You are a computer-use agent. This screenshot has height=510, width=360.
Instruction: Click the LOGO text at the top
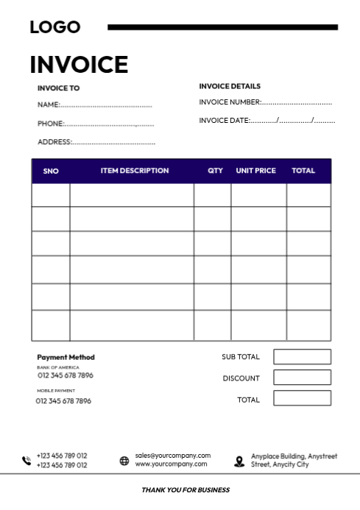coord(55,27)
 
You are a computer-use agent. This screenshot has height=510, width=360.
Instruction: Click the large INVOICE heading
coord(79,65)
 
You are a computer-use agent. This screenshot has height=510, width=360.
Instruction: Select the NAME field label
coord(48,105)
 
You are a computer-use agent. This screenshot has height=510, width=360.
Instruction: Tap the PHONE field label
coord(50,124)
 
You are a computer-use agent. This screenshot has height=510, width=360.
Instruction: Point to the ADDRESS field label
coord(54,142)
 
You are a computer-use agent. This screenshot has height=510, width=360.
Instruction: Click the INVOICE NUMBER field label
coord(230,103)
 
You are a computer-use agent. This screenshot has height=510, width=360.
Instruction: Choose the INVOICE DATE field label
coord(224,121)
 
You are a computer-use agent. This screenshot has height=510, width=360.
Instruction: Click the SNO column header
coord(51,171)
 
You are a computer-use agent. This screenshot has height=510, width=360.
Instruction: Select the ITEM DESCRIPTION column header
coord(135,171)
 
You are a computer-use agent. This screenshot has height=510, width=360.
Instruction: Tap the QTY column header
coord(215,171)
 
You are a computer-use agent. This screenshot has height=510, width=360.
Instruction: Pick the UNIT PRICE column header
coord(255,171)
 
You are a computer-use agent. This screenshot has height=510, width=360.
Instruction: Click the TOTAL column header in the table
coord(303,171)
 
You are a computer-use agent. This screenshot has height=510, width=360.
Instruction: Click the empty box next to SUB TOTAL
coord(302,357)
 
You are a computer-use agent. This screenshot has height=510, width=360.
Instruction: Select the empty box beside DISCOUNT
coord(302,378)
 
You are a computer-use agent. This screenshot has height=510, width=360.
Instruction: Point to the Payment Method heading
coord(66,358)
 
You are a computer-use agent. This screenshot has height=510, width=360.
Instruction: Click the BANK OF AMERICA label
coord(57,367)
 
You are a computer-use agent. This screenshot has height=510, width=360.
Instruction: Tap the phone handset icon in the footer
coord(27,461)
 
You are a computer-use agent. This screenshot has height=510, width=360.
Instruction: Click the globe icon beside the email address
coord(124,461)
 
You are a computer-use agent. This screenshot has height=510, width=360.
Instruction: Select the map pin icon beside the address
coord(239,461)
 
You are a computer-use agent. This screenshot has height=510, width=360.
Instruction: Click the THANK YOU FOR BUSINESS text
coord(186,490)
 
